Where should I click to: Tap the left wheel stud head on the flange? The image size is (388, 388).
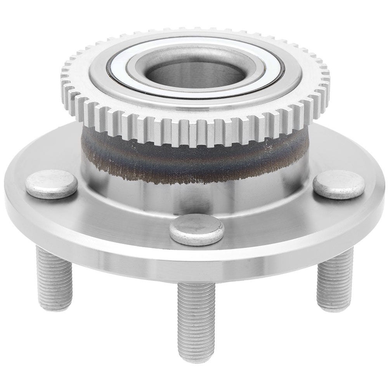[51, 184]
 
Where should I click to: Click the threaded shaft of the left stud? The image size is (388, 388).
[54, 275]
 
